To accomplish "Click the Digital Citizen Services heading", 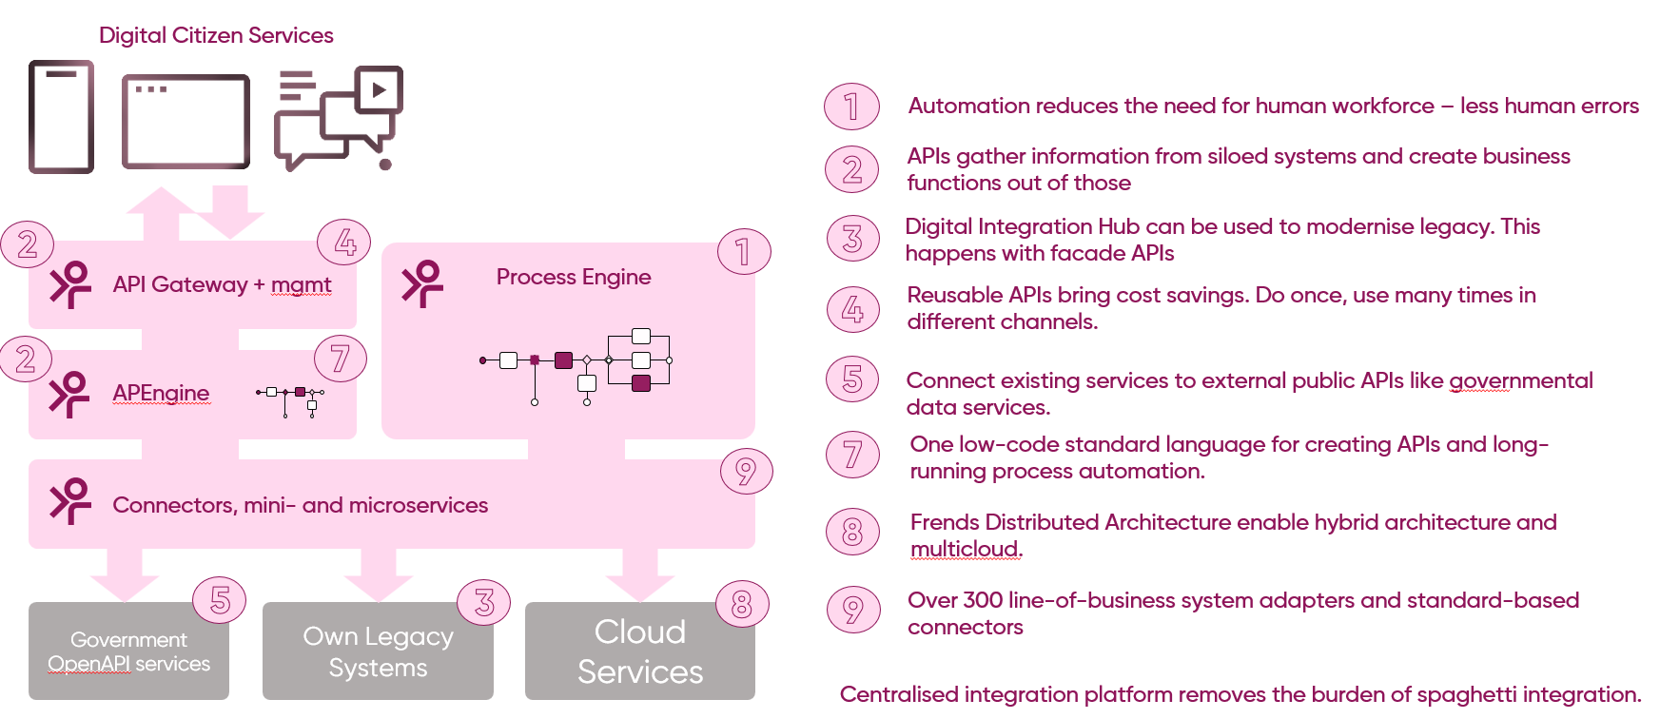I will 216,35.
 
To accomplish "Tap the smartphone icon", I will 61,117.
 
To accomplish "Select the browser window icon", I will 186,121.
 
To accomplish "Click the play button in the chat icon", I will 380,90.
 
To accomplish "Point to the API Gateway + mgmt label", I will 222,284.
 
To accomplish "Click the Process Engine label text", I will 574,277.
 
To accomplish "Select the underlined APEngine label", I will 161,393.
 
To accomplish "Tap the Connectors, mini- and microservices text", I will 300,505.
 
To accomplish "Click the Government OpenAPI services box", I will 128,651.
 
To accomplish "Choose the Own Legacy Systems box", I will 378,651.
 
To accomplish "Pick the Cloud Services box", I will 639,651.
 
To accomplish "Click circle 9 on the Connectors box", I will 746,471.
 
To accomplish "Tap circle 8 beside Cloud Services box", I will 742,604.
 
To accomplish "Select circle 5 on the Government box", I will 220,600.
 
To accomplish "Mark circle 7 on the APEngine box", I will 340,359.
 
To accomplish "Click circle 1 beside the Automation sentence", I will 851,107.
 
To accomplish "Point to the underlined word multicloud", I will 966,550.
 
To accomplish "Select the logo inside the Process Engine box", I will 422,283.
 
